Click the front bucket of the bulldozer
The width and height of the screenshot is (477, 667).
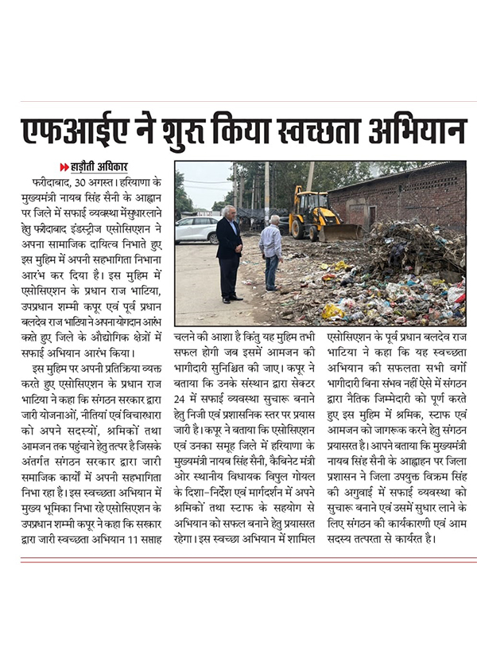coord(342,233)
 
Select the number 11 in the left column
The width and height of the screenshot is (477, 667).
coord(126,539)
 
